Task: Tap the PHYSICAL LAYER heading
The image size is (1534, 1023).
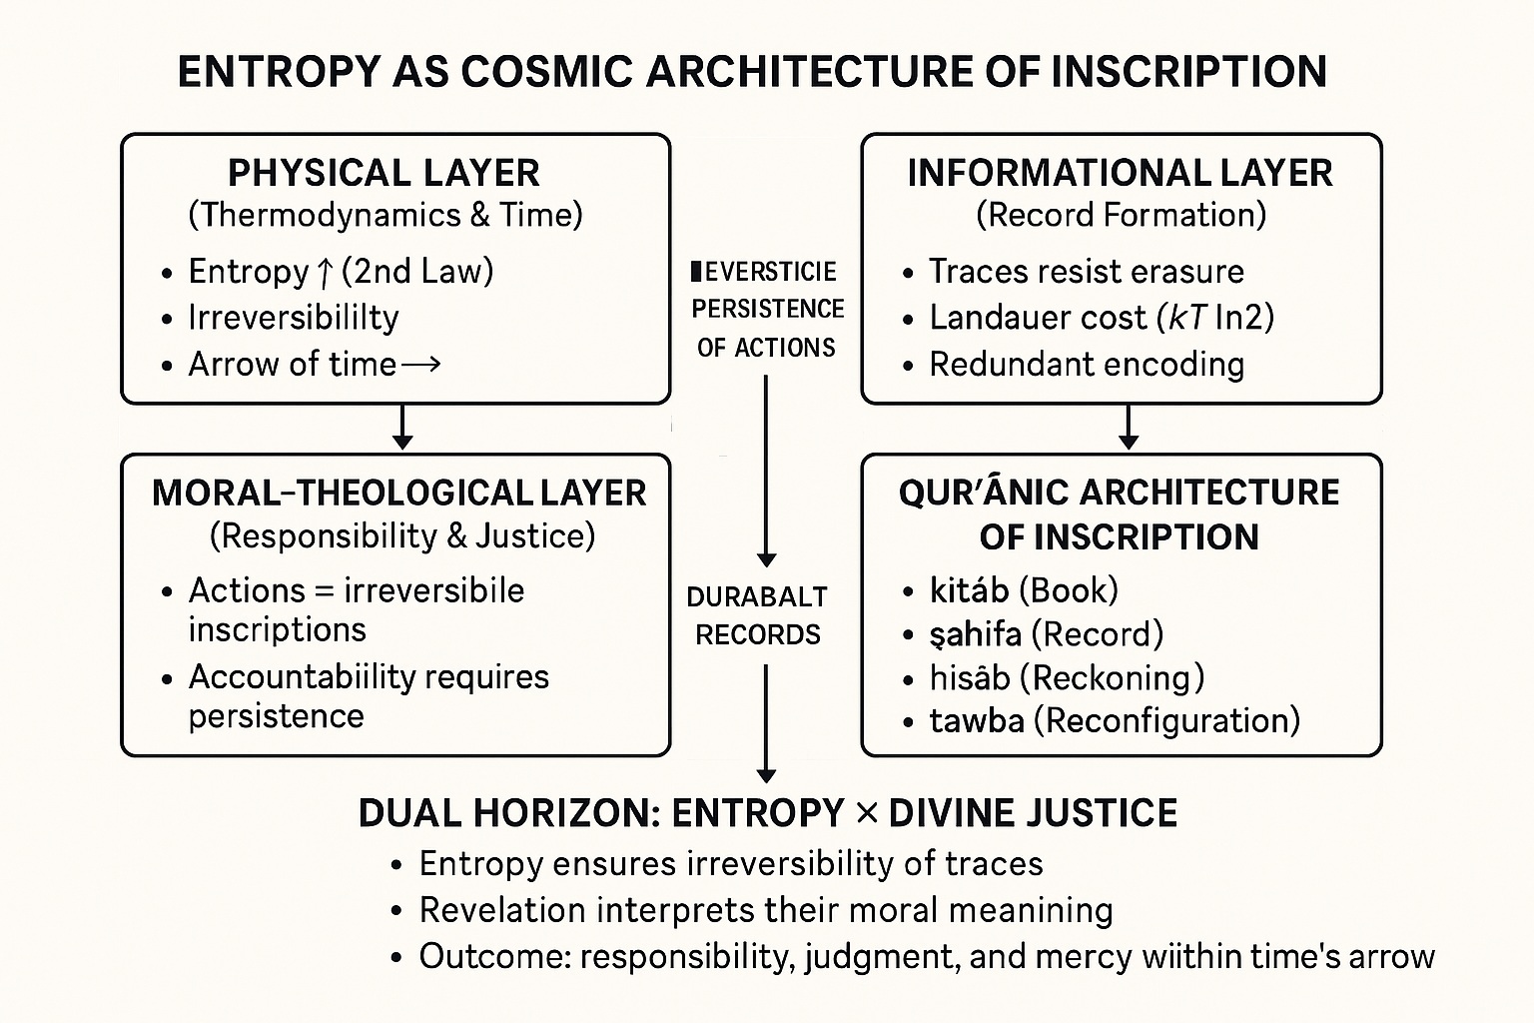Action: point(383,173)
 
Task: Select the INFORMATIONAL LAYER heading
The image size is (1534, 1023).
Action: point(1120,173)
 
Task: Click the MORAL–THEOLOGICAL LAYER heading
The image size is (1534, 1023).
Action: point(398,493)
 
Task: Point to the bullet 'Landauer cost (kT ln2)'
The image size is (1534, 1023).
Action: point(1101,318)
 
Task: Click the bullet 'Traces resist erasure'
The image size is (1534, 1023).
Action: point(1086,271)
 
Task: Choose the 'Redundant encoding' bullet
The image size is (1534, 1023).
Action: point(1086,364)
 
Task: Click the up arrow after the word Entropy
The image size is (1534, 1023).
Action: point(325,272)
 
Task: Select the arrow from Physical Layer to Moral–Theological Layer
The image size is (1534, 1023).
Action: point(401,428)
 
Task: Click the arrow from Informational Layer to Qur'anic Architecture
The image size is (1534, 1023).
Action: point(1129,428)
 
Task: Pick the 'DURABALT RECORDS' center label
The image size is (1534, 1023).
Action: point(758,614)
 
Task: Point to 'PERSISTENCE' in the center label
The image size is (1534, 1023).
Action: point(767,309)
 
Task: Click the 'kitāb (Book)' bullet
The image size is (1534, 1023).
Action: point(1023,590)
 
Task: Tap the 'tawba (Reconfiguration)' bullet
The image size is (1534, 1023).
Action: point(1114,720)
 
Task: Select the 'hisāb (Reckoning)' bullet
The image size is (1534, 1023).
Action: point(1066,677)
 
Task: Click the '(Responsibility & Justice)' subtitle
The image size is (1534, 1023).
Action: point(401,536)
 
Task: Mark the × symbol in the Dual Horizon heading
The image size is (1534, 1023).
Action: point(866,813)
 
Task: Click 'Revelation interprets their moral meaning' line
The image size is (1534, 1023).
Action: point(765,910)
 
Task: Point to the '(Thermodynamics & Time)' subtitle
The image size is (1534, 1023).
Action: point(384,215)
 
